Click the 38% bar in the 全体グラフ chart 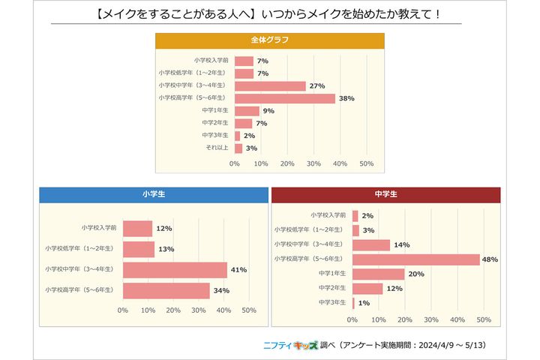tap(284, 98)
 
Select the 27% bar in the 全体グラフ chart tap(270, 86)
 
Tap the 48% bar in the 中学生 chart tap(415, 259)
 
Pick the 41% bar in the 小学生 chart tap(175, 270)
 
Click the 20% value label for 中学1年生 tap(417, 274)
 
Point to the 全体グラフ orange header tap(270, 40)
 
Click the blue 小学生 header tap(153, 194)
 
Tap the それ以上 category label tap(218, 148)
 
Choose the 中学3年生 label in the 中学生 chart tap(332, 302)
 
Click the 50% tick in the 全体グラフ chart tap(367, 163)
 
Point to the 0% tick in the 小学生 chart tap(123, 309)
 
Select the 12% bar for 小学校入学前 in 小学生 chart tap(137, 228)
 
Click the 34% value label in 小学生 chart tap(221, 291)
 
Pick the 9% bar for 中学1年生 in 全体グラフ tap(247, 111)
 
